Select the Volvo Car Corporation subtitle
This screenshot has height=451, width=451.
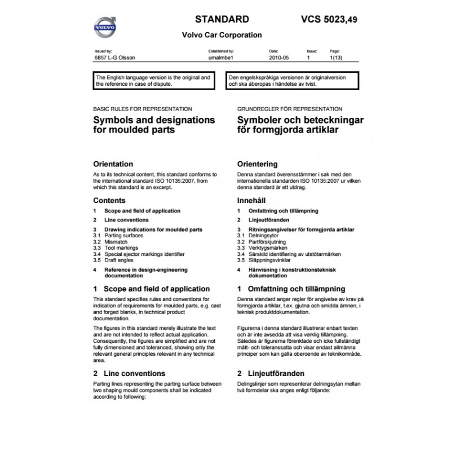click(222, 35)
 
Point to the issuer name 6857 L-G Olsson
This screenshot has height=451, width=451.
click(114, 58)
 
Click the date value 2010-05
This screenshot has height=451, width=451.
click(280, 58)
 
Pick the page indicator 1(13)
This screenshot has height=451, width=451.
click(335, 58)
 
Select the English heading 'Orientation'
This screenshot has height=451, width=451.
click(113, 164)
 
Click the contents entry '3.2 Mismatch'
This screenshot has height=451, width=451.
click(110, 241)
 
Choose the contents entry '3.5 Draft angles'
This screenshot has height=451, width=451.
click(115, 260)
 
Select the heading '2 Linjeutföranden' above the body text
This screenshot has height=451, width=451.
click(271, 373)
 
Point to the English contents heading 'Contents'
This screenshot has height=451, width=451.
click(109, 200)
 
